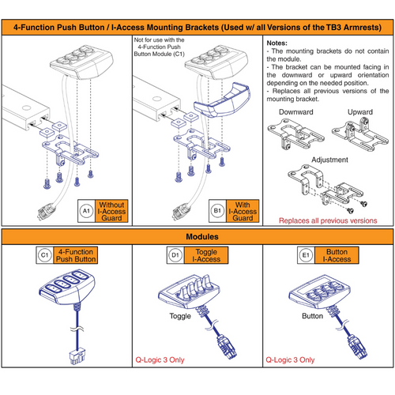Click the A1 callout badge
click(x=87, y=212)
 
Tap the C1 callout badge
click(x=45, y=254)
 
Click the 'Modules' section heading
click(x=197, y=236)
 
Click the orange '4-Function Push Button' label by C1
click(x=80, y=254)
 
